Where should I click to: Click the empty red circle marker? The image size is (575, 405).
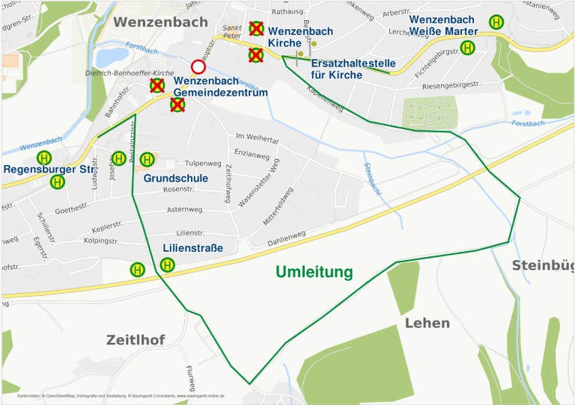point(198,67)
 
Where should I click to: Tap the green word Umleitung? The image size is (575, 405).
point(314,272)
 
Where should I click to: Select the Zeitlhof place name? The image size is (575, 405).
point(135,340)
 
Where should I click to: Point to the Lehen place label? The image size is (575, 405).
point(428,323)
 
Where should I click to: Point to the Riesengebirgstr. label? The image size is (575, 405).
point(451,85)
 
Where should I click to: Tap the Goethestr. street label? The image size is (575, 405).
point(72,211)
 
